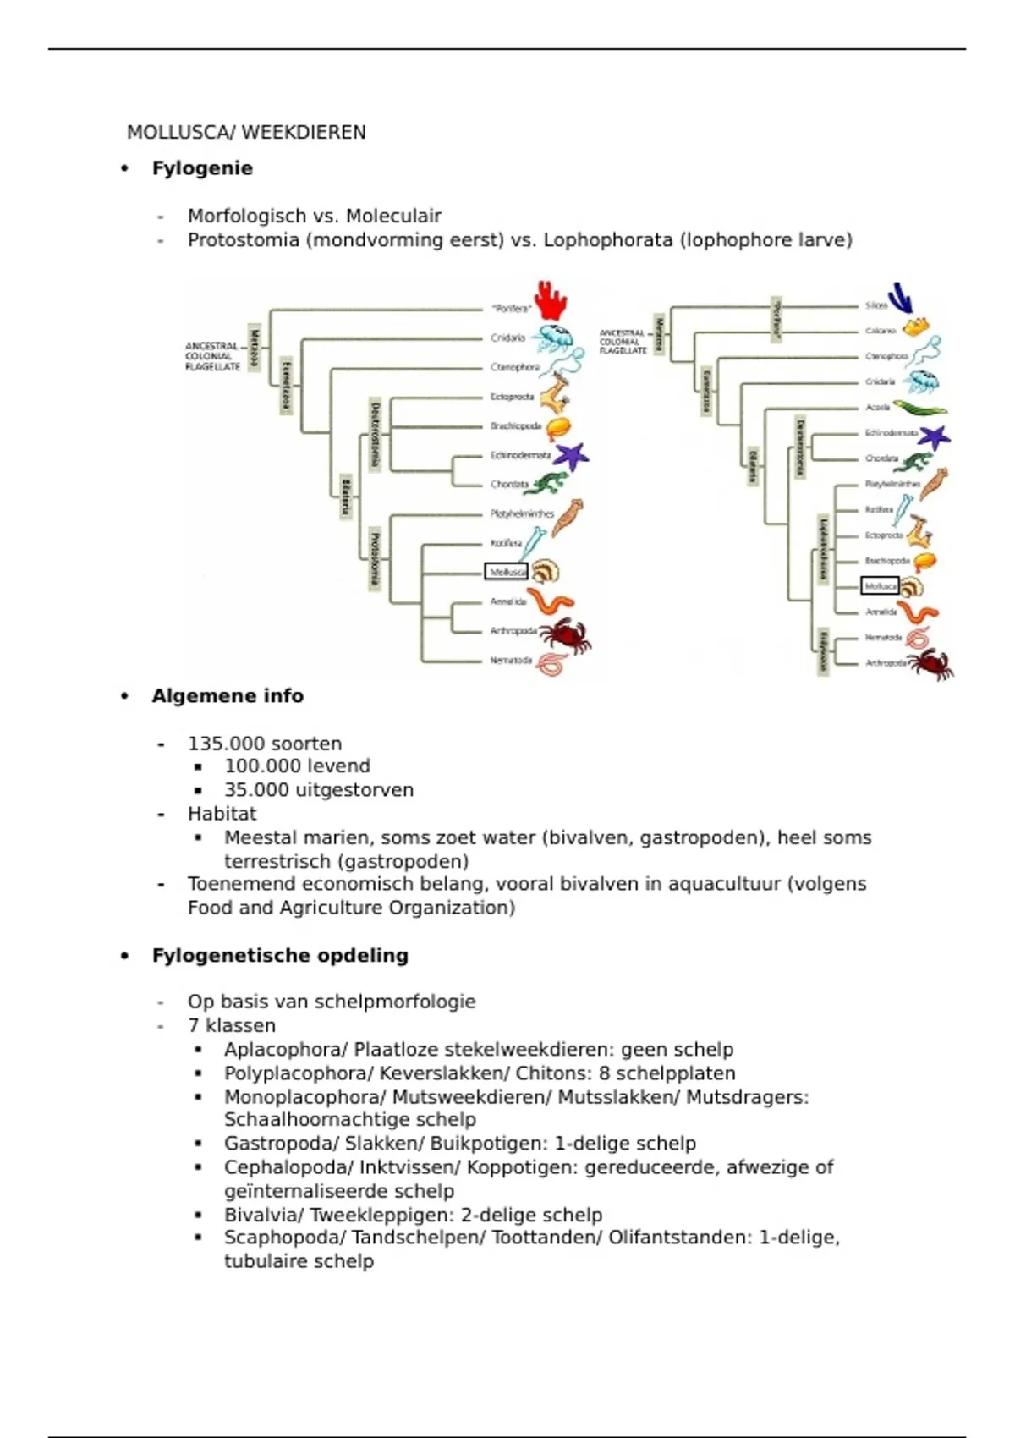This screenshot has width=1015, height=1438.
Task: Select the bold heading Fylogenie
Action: pos(202,168)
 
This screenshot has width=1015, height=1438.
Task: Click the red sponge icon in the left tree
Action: pos(551,301)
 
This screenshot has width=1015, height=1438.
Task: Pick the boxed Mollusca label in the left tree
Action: pos(506,572)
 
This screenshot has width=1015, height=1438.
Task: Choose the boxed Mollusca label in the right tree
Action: pos(879,585)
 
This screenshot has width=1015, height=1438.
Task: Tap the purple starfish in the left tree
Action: pos(572,456)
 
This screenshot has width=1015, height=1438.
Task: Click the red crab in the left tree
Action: pos(564,634)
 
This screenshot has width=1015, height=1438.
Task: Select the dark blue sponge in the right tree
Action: pos(901,299)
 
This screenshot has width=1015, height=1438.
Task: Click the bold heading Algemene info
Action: pos(228,696)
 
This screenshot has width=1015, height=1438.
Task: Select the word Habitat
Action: pos(222,814)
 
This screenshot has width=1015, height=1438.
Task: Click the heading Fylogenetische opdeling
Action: pos(280,956)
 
